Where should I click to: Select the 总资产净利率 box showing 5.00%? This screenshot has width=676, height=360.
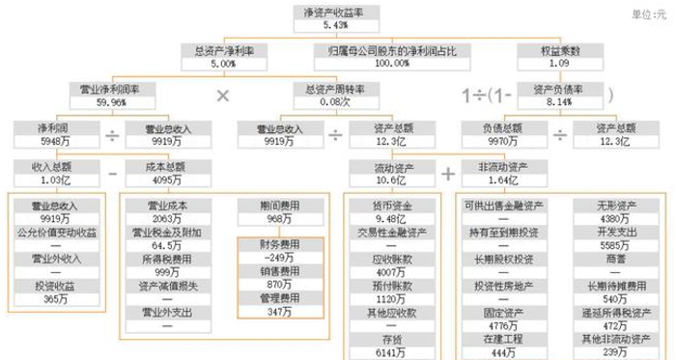point(222,56)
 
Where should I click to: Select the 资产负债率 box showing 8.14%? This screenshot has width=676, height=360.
point(559,95)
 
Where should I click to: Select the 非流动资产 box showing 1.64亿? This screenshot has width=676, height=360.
point(502,173)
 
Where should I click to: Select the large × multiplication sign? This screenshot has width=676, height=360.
point(223,96)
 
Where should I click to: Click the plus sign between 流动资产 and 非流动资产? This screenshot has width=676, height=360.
point(448,174)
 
